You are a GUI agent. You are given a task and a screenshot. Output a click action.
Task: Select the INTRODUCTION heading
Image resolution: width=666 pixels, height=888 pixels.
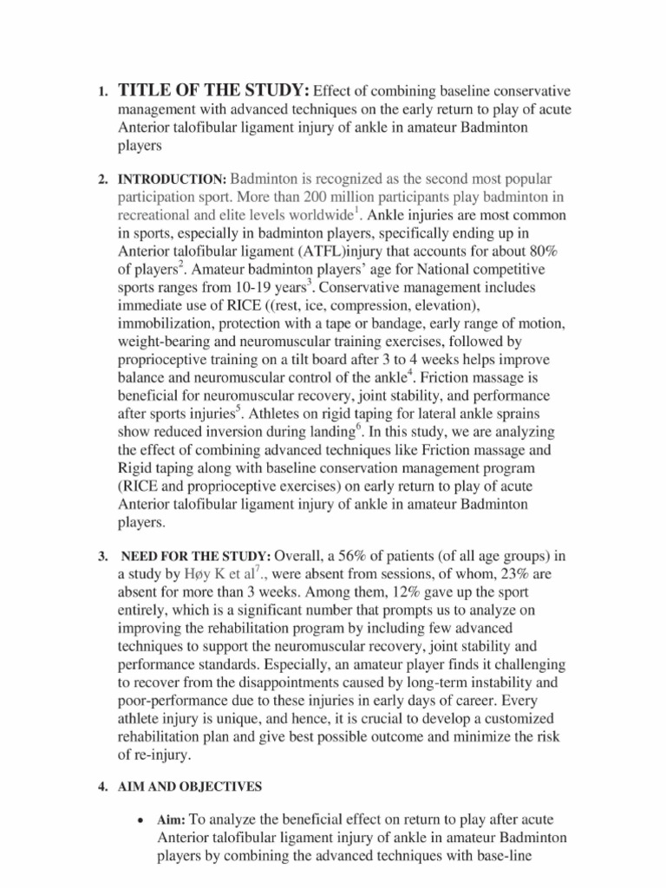172,180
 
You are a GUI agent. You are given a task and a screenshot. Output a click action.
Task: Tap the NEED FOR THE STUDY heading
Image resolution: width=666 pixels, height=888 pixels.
196,555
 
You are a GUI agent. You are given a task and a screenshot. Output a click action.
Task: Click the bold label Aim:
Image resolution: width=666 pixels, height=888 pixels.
171,819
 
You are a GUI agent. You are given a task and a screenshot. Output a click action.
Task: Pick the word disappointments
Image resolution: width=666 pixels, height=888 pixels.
281,683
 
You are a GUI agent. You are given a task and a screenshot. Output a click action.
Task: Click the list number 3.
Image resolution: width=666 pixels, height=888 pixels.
101,556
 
